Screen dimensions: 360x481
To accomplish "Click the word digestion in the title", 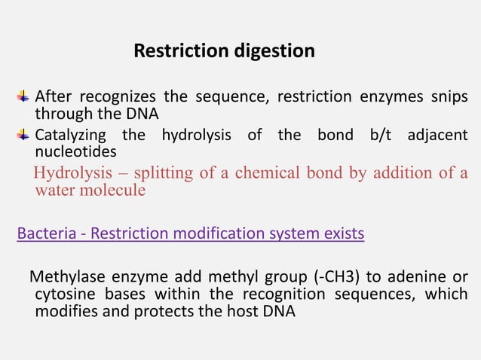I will click(274, 51).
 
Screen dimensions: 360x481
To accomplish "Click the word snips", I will click(448, 97).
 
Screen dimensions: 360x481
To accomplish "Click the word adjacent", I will click(437, 136).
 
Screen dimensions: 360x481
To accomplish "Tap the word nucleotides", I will click(75, 151).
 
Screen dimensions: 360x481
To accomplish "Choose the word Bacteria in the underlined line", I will click(44, 233).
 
